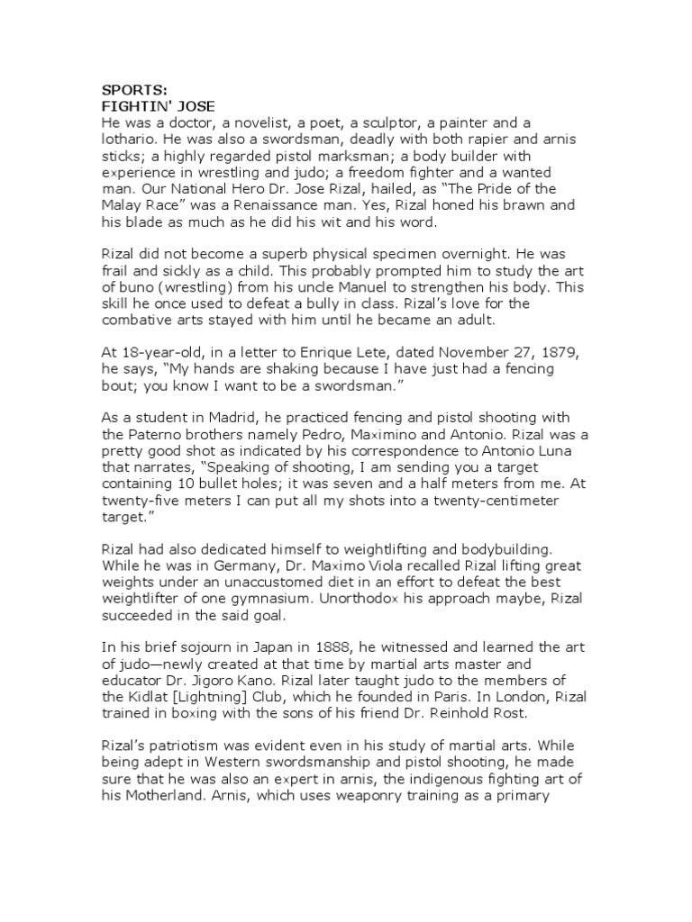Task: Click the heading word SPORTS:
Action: pyautogui.click(x=132, y=91)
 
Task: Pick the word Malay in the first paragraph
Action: pyautogui.click(x=123, y=204)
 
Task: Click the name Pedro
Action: pyautogui.click(x=305, y=438)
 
